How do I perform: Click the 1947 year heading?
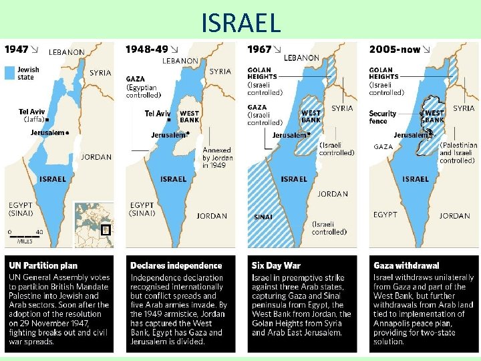(x=17, y=49)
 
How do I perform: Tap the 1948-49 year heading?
(x=146, y=49)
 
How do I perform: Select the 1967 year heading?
(x=259, y=49)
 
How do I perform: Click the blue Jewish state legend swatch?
(x=9, y=73)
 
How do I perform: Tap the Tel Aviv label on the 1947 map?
(x=31, y=112)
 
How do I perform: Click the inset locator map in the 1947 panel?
(x=94, y=225)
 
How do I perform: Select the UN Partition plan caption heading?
(x=41, y=265)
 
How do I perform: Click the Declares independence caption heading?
(x=176, y=265)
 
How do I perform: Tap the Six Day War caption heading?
(x=277, y=265)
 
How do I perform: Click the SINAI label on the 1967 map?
(x=263, y=217)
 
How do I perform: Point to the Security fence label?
(x=383, y=117)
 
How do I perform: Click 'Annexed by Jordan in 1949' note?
(x=217, y=158)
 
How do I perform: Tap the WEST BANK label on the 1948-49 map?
(x=190, y=117)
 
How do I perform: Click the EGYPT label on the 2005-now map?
(x=385, y=215)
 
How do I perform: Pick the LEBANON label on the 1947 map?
(x=67, y=51)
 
